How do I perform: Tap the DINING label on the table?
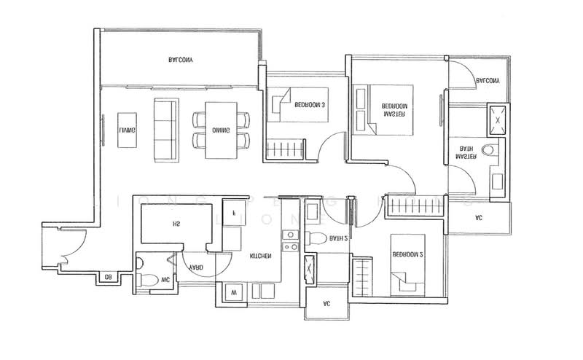(221, 130)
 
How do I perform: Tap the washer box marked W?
(234, 292)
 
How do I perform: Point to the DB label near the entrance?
(107, 277)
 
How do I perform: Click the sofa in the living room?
(164, 131)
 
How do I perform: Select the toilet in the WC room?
(146, 279)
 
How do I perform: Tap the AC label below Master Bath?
(478, 217)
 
